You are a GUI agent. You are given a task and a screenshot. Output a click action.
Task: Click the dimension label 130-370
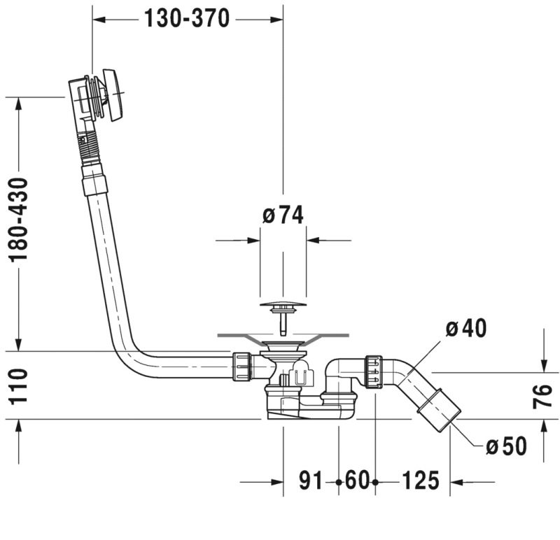[187, 19]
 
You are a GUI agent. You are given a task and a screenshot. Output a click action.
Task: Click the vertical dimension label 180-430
[19, 220]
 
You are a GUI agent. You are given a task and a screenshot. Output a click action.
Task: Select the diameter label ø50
[505, 445]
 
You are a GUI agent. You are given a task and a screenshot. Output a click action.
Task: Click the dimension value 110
[19, 387]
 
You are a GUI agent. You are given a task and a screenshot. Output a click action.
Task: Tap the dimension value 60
[356, 481]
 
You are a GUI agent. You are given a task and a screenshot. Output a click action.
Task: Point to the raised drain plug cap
[283, 305]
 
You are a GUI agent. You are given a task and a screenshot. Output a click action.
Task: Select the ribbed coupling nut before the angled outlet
[373, 371]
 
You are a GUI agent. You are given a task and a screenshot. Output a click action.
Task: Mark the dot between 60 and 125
[375, 482]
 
